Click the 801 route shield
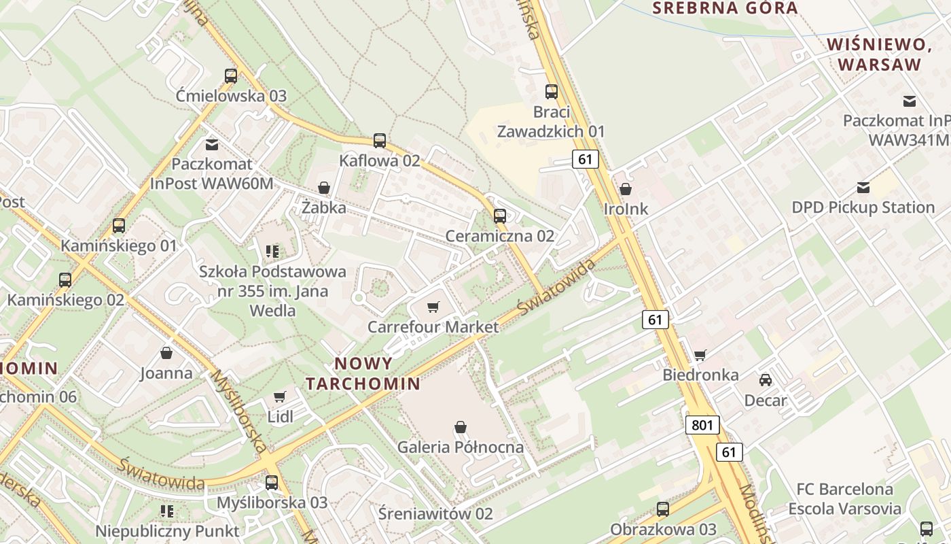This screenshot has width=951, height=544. coord(702,426)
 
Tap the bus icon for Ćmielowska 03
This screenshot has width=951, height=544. coord(231,76)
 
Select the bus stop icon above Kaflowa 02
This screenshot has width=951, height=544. coord(380,141)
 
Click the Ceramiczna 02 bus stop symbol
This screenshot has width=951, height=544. coord(500,216)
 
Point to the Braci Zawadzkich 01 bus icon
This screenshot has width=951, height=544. coord(552,92)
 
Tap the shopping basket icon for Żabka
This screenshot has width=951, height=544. coord(324,188)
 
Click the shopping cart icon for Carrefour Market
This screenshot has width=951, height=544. coord(433,307)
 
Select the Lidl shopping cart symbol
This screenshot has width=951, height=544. coord(279,396)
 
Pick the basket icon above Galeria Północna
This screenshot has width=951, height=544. coord(461,427)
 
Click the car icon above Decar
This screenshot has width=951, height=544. coord(766,380)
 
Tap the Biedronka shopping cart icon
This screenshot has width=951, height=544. coord(700,355)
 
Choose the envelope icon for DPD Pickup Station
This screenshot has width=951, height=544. coord(863,188)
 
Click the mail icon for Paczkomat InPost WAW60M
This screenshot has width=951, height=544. coord(212,144)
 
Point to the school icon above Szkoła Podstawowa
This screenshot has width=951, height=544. coord(272,252)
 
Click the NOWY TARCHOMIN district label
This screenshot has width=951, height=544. coord(363,373)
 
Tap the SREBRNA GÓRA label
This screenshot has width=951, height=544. coord(725,8)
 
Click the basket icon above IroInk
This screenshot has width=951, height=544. coord(626,189)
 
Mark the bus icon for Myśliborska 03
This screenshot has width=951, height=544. coord(272,483)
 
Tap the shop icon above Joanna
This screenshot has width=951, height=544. coord(166,353)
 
